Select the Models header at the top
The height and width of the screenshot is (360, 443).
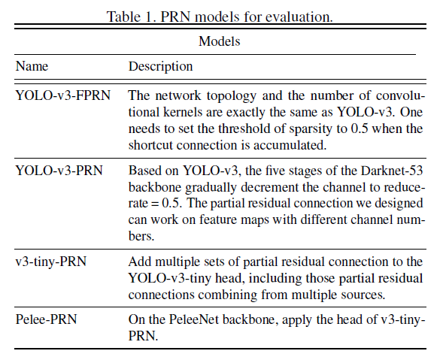(219, 41)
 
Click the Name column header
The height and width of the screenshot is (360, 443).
(32, 66)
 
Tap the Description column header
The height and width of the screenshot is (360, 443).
(160, 67)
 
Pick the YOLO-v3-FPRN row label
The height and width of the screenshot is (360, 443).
(62, 95)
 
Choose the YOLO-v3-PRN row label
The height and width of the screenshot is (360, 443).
(59, 171)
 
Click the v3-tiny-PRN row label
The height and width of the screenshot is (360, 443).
(51, 262)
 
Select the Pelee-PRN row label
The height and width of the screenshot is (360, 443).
(46, 319)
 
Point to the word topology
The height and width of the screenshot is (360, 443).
(232, 96)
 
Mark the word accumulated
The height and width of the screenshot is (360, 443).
(290, 145)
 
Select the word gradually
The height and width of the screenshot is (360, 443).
(211, 188)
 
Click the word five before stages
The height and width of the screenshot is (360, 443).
(277, 171)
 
